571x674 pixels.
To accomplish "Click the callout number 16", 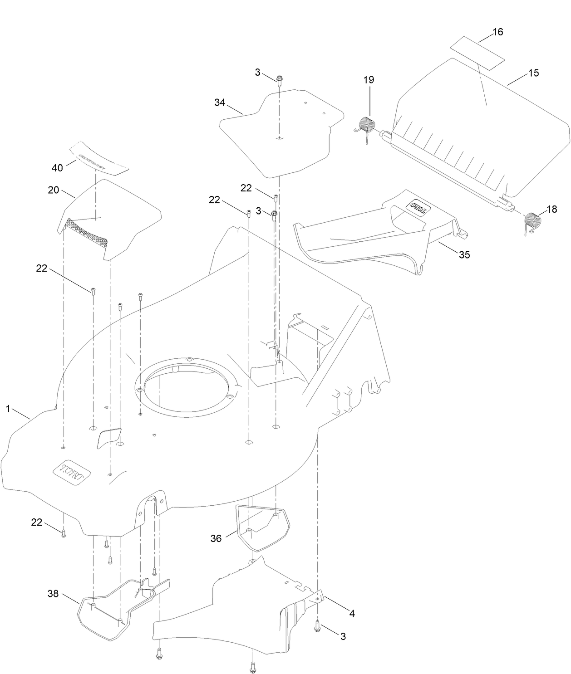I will click(x=497, y=32).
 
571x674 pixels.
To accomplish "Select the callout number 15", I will click(x=533, y=73).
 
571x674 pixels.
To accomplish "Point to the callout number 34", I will click(x=220, y=103).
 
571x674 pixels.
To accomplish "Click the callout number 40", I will click(x=57, y=168).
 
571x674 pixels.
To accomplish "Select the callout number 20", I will click(x=54, y=190).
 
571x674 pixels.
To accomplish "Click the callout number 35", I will click(x=464, y=254).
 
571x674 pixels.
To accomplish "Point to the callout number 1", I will click(x=8, y=409).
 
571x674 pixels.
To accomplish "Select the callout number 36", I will click(x=216, y=538).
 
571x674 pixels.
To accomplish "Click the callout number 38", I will click(x=53, y=593).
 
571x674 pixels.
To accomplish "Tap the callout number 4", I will click(x=352, y=614).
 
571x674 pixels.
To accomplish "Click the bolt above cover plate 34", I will click(x=279, y=79).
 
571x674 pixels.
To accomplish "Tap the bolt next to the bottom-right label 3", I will click(x=317, y=626).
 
